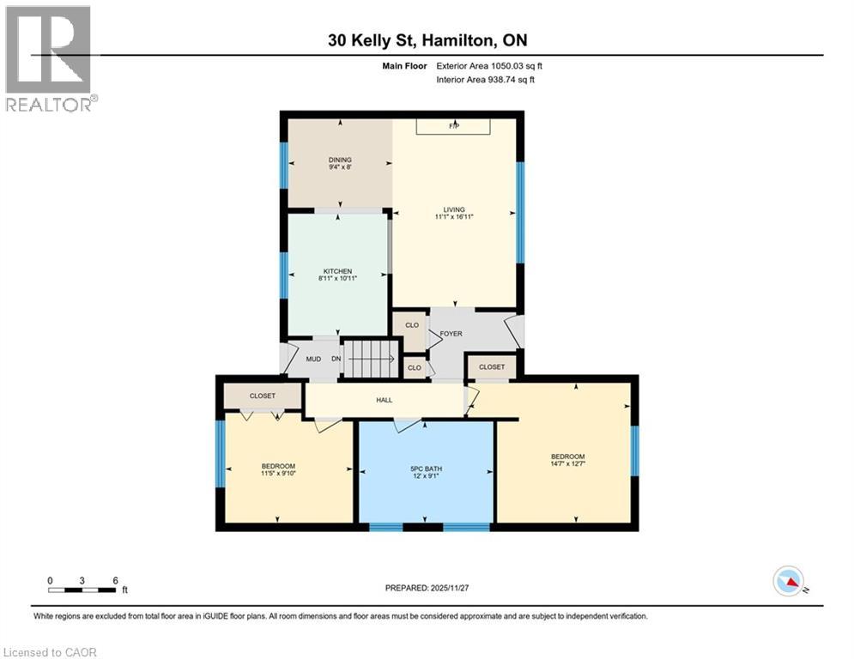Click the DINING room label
[x=340, y=160]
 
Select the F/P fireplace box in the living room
[x=454, y=126]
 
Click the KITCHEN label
[x=337, y=271]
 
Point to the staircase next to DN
[x=371, y=358]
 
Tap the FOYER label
[x=451, y=335]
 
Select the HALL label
[x=384, y=400]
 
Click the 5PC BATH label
[x=426, y=468]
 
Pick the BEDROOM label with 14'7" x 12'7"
[x=567, y=456]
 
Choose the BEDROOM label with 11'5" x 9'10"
[x=278, y=466]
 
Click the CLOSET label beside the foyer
[x=492, y=367]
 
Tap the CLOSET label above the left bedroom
[x=263, y=396]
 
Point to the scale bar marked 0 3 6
[x=82, y=589]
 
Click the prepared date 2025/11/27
[x=426, y=588]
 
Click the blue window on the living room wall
[x=520, y=211]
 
